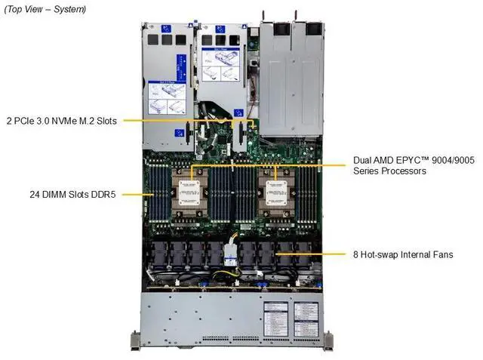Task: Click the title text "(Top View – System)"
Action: (x=45, y=9)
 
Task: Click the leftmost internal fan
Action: (x=159, y=254)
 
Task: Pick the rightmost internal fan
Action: (x=303, y=254)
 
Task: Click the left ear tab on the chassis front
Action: (x=136, y=340)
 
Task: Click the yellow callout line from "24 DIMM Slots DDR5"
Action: (x=136, y=194)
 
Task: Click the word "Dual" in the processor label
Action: (x=364, y=161)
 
